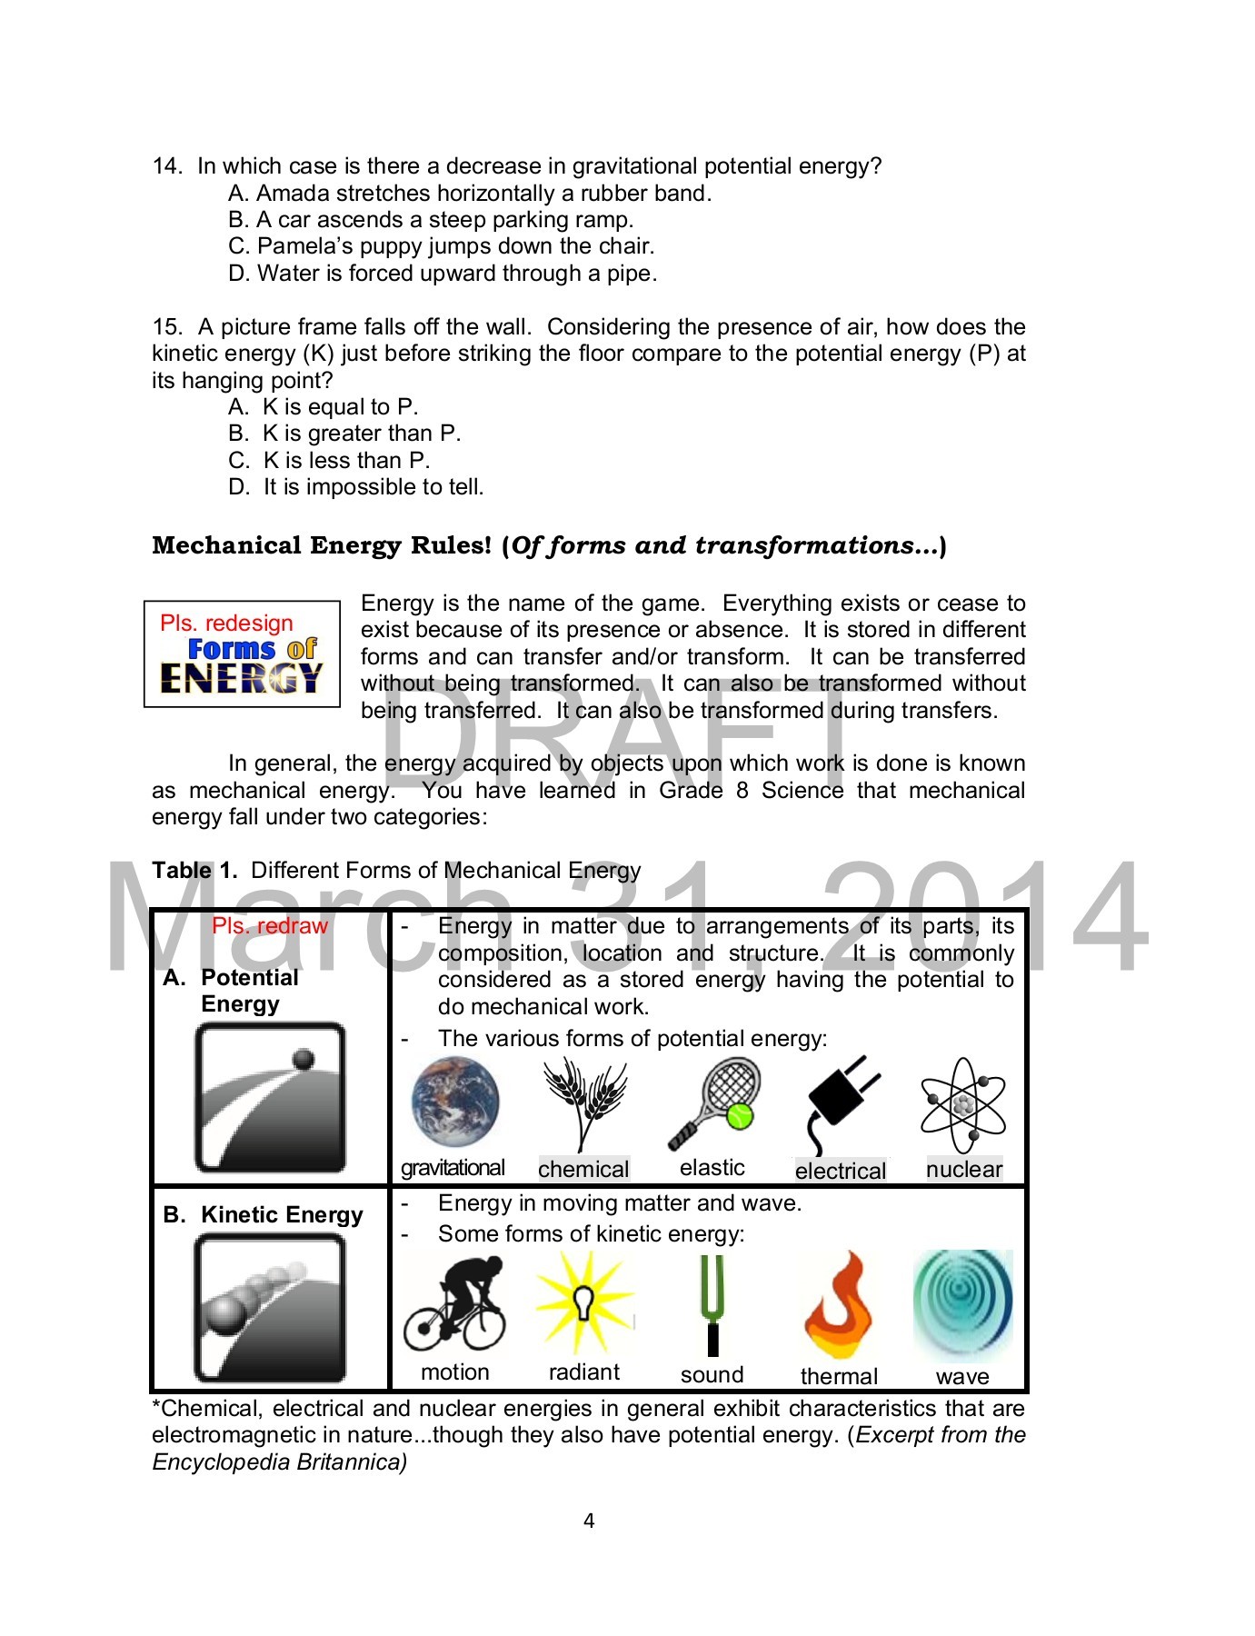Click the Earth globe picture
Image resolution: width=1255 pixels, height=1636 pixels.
[454, 1102]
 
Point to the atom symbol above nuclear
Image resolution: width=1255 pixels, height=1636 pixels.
[963, 1105]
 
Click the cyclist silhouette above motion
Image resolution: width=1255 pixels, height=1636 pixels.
[454, 1303]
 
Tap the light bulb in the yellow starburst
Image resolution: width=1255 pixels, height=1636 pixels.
[583, 1302]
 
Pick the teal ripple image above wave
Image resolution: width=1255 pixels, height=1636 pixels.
[962, 1302]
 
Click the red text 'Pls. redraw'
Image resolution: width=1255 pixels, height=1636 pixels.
[269, 926]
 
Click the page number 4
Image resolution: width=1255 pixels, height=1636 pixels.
[589, 1521]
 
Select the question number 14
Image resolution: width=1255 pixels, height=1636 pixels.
[166, 166]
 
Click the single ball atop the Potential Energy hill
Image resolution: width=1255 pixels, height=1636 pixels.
[304, 1059]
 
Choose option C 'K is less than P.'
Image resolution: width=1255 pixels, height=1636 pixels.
[329, 461]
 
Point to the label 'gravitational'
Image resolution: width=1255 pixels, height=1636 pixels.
[453, 1168]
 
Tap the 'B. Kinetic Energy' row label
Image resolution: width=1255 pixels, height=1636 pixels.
[264, 1215]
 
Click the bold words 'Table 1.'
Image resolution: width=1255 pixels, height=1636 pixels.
[194, 871]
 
